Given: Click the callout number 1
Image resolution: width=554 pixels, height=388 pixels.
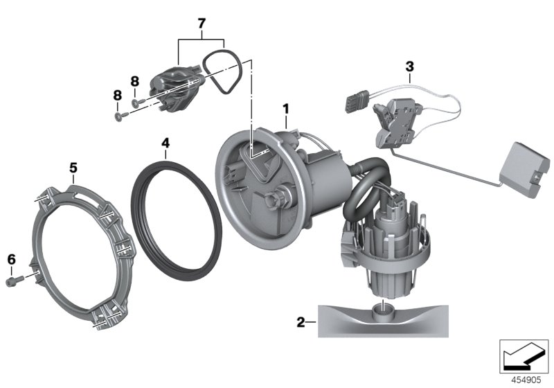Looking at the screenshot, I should click(x=284, y=108).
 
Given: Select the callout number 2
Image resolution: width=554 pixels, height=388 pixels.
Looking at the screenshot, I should click(x=301, y=321).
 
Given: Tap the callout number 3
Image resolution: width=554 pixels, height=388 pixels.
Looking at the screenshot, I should click(x=409, y=67).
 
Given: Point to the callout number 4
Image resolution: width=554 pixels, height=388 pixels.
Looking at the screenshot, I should click(x=165, y=143).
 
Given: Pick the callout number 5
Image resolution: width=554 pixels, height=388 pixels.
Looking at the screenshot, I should click(x=73, y=167).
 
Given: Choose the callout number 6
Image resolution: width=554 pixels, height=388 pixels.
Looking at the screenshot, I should click(x=11, y=259).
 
